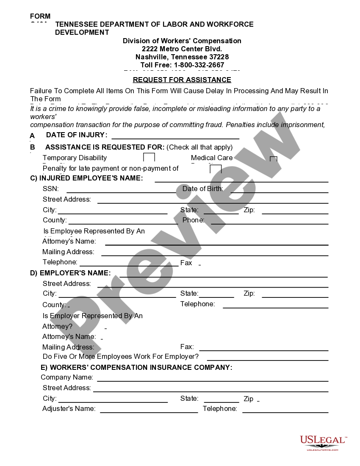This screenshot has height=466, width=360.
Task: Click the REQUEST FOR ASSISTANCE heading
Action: (182, 80)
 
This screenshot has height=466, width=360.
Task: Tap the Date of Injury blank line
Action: (175, 138)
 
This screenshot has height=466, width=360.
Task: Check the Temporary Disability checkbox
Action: (149, 157)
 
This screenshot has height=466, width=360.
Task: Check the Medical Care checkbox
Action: (274, 159)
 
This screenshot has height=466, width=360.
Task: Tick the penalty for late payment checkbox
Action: (216, 169)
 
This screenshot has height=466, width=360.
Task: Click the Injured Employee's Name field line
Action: (241, 181)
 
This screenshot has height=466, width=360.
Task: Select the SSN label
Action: (51, 189)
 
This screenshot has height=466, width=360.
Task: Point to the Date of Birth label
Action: (202, 189)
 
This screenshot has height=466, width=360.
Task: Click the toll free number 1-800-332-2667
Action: (182, 65)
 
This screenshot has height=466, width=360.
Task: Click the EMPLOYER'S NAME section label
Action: (70, 272)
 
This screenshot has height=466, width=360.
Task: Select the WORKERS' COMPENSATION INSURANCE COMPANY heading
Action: (136, 367)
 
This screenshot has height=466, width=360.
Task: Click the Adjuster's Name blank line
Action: (149, 411)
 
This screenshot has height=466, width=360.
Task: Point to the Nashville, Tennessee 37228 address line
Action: (182, 57)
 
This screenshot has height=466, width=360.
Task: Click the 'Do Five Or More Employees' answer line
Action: (267, 360)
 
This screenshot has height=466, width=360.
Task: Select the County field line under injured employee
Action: (123, 223)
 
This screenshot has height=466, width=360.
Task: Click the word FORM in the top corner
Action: (40, 17)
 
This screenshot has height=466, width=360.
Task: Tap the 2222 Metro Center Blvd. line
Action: (182, 49)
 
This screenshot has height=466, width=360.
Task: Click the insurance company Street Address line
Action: (210, 391)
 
